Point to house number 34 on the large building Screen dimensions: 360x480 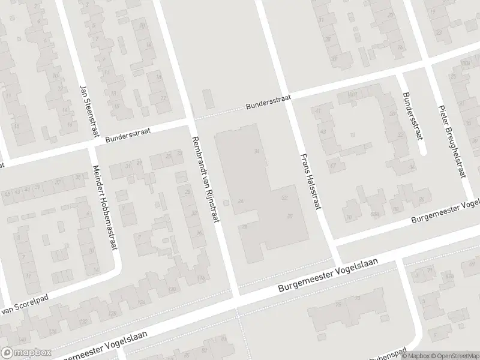[x=257, y=151]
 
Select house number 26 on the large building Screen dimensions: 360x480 [x=241, y=201]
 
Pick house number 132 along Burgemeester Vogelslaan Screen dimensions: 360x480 [x=172, y=290]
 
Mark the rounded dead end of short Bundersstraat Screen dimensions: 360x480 [x=424, y=151]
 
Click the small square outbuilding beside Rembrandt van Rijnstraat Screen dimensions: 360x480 [x=226, y=203]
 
